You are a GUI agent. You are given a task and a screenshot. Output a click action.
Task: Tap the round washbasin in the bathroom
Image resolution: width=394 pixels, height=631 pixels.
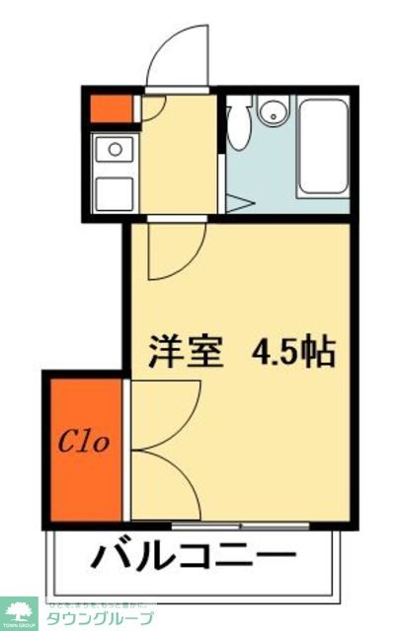pos(272,113)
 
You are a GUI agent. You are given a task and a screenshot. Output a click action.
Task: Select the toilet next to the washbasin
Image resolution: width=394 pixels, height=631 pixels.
pos(238,123)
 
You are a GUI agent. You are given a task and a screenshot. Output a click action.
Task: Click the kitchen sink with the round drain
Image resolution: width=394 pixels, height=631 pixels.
pos(115,150)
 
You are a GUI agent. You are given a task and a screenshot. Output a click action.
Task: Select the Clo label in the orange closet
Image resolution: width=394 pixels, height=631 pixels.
pos(87,441)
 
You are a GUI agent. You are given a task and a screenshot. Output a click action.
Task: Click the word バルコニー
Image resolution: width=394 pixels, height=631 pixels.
pos(194,557)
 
